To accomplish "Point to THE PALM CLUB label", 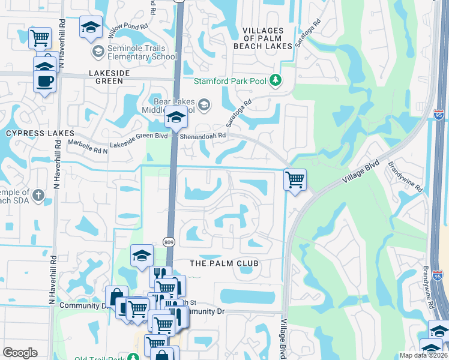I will coord(224,263).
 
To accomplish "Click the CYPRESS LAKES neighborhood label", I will coord(40,133).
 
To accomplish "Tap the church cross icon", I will coord(38,195).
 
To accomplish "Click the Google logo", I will coord(20,353).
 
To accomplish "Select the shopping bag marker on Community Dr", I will coord(116,296).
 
